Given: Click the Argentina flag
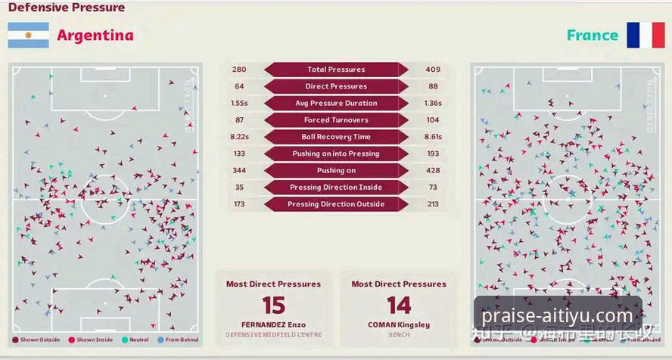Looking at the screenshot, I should [x=28, y=36].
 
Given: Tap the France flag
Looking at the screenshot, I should [x=645, y=36].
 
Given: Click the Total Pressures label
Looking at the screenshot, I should [x=336, y=70].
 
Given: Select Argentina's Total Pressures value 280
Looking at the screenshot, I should [x=239, y=70].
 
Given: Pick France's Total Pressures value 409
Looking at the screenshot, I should [x=433, y=70].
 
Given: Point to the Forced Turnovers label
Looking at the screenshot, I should [x=336, y=120].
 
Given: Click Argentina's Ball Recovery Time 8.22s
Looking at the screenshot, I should [x=239, y=137].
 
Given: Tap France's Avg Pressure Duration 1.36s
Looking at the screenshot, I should [x=434, y=103].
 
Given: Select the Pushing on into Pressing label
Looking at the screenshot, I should [x=336, y=154].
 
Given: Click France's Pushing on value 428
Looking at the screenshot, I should [x=433, y=170].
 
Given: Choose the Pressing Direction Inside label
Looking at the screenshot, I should [x=336, y=188].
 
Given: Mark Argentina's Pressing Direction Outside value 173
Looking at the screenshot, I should [x=239, y=204].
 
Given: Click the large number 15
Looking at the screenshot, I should [x=273, y=306].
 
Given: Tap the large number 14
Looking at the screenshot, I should [x=399, y=306].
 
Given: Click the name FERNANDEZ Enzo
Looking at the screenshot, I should [x=273, y=325].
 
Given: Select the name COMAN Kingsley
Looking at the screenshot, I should [x=399, y=325].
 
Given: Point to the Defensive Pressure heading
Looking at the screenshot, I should [x=67, y=8].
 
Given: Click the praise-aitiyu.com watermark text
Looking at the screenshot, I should [x=557, y=315].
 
